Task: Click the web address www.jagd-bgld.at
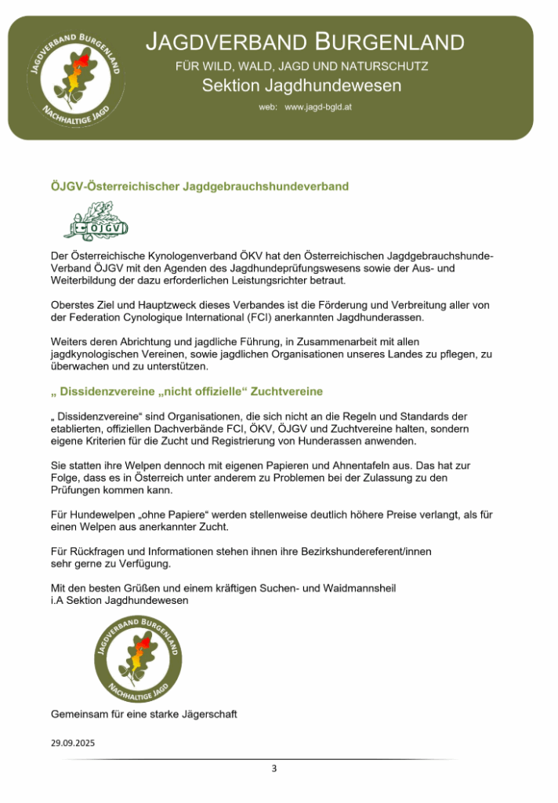[x=318, y=107]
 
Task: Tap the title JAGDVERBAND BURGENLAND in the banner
[x=305, y=42]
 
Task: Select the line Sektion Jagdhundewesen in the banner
[x=301, y=85]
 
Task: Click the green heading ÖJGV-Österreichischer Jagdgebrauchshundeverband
[x=199, y=187]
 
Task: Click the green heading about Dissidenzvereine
[x=187, y=391]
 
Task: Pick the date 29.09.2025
[x=73, y=743]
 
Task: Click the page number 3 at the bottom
[x=274, y=768]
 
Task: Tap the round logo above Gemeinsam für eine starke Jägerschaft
[x=137, y=659]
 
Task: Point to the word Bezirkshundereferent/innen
[x=362, y=551]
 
